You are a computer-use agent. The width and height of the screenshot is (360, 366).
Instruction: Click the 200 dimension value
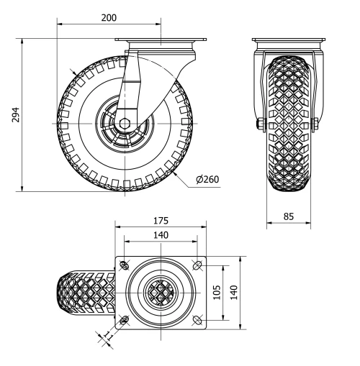click(109, 17)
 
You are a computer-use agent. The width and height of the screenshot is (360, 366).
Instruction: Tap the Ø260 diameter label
click(209, 179)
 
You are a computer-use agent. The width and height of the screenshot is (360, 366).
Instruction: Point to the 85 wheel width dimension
click(288, 215)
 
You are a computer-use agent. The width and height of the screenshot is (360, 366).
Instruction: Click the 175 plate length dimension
click(160, 220)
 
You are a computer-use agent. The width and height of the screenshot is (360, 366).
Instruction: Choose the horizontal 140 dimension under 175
click(160, 234)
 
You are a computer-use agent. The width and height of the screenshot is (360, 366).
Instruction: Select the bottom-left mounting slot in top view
click(125, 319)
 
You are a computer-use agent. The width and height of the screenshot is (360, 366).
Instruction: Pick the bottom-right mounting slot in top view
click(197, 319)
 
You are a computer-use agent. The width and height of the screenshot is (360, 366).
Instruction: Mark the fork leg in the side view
click(133, 83)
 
